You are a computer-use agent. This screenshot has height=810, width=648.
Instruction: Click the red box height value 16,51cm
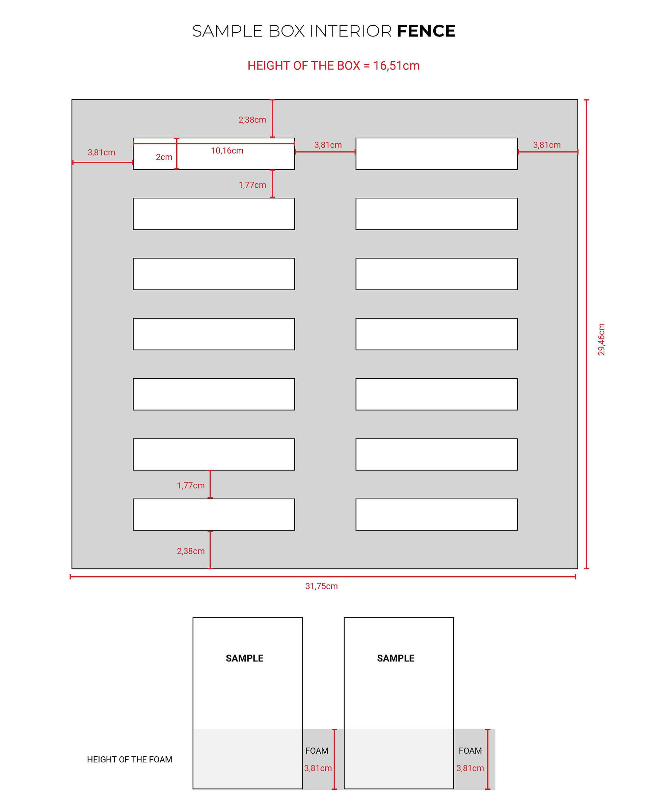(396, 66)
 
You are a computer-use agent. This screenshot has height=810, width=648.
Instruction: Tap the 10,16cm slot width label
(227, 151)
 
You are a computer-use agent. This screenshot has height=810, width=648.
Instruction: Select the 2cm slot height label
(164, 157)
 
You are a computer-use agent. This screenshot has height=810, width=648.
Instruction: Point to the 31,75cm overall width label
(321, 586)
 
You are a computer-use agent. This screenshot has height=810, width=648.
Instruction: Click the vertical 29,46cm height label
(601, 339)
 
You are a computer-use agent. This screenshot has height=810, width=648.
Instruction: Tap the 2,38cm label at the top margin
(252, 120)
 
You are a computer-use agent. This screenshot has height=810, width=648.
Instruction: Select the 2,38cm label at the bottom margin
(191, 551)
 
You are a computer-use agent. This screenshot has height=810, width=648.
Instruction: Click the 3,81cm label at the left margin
(102, 153)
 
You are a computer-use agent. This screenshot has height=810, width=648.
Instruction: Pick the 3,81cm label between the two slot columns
(328, 145)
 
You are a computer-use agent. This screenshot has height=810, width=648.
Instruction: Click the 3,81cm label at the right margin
(546, 145)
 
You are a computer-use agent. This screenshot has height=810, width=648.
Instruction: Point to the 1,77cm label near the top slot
(252, 185)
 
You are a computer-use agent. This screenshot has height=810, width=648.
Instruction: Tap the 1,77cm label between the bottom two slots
(191, 485)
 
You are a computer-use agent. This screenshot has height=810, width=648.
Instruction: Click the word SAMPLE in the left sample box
(245, 658)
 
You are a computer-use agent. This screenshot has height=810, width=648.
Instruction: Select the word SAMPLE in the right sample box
(396, 658)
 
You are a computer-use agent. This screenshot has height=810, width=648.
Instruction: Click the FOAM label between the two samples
(317, 751)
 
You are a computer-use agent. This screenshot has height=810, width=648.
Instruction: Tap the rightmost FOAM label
(470, 751)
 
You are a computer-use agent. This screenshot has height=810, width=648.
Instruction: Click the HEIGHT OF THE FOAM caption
(130, 759)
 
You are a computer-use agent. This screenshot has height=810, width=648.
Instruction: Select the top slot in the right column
(436, 154)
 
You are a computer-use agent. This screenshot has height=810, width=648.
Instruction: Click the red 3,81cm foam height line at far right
(488, 759)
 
